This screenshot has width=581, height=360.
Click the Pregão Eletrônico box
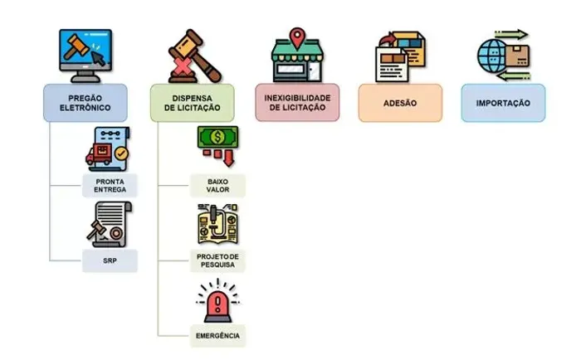85,103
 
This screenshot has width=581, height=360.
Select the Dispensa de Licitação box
193,103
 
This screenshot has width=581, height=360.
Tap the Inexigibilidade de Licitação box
297,103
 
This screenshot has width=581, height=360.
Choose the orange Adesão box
400,103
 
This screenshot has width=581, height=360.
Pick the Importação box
503,103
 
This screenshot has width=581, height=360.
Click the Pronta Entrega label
110,186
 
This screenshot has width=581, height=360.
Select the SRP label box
110,260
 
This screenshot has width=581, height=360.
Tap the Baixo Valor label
217,186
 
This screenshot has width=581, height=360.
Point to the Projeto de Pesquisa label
217,260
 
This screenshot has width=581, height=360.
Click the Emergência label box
217,336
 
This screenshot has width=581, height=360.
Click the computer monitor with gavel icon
85,56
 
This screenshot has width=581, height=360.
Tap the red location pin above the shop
297,38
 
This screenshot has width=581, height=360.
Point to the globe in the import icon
491,56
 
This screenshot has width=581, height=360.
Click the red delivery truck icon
99,154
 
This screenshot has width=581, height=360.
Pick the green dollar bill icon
217,138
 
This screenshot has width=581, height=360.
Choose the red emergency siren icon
217,301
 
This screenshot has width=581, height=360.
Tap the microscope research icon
217,224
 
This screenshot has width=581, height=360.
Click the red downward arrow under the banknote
229,158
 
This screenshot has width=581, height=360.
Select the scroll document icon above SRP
110,225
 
